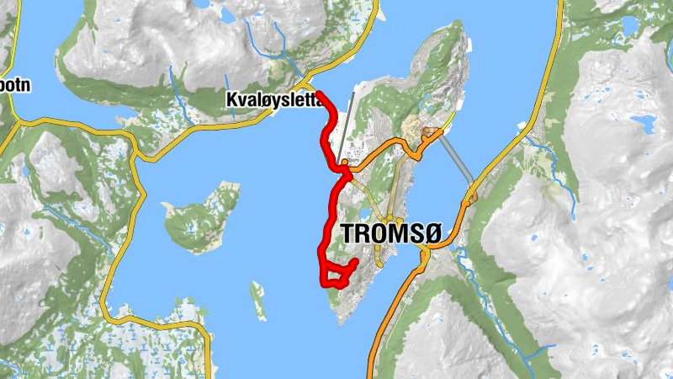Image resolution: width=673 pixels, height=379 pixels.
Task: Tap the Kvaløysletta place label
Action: click(x=274, y=100)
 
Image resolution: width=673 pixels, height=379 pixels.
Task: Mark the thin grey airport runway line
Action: click(x=345, y=126)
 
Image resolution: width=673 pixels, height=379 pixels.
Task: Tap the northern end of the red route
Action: click(x=321, y=93)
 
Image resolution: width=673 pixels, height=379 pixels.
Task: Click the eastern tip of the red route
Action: click(x=356, y=262)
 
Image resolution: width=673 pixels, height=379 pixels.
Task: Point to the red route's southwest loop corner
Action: click(x=324, y=284)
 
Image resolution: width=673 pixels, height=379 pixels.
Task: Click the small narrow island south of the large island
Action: click(x=257, y=299)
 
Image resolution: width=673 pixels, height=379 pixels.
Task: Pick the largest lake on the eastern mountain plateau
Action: click(x=644, y=126)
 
